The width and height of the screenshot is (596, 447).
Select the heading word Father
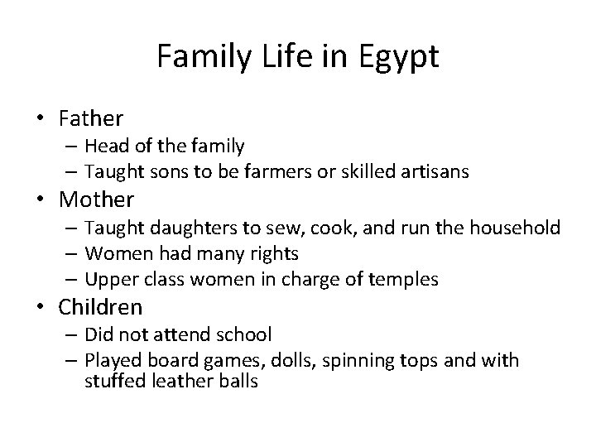coord(90,119)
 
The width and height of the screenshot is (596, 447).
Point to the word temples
coord(406,280)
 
